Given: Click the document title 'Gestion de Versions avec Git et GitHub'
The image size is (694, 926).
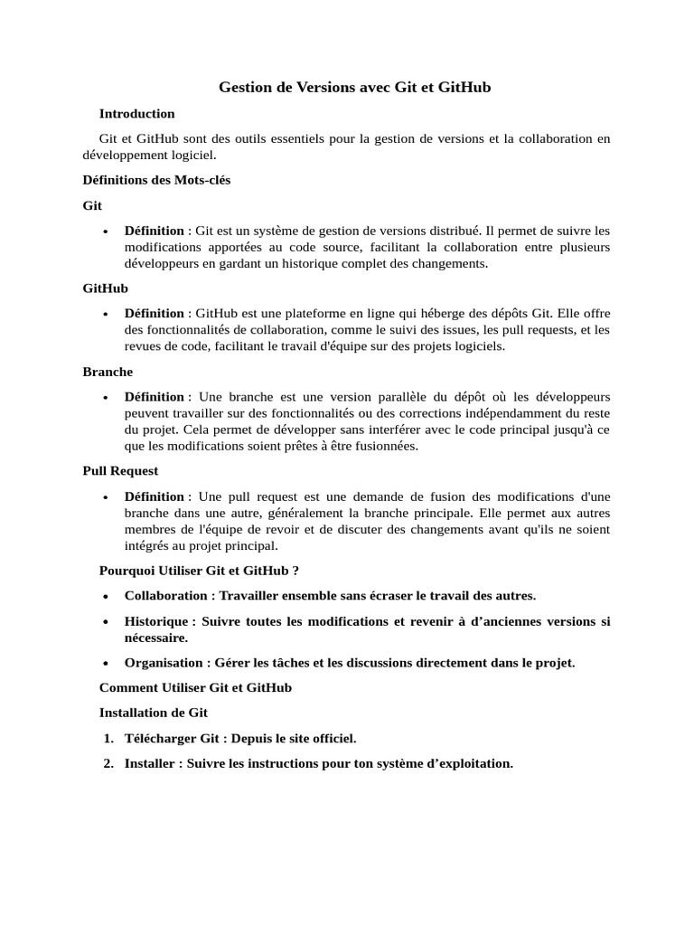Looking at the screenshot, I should [x=354, y=88].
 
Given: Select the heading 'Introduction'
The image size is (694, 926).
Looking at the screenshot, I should [x=136, y=114].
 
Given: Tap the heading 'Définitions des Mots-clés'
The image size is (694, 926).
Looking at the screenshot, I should [x=156, y=180].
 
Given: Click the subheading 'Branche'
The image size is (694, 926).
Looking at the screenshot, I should [x=108, y=372].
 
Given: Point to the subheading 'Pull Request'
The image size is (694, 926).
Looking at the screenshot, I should [x=120, y=471].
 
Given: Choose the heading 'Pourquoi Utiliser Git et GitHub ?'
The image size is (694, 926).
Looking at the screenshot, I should [x=199, y=571].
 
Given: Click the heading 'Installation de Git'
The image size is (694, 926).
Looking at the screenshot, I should [x=154, y=713].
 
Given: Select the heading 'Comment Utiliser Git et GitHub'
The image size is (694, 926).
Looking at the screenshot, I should [x=195, y=688].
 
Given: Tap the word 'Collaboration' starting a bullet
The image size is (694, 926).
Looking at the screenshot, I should [x=165, y=596].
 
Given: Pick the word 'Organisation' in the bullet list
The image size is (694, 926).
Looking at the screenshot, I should [x=164, y=664].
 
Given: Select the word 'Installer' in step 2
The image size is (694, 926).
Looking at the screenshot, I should [x=150, y=763].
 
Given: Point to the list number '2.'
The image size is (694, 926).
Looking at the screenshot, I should [x=108, y=763].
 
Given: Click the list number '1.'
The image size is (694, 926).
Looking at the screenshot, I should [x=108, y=739].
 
